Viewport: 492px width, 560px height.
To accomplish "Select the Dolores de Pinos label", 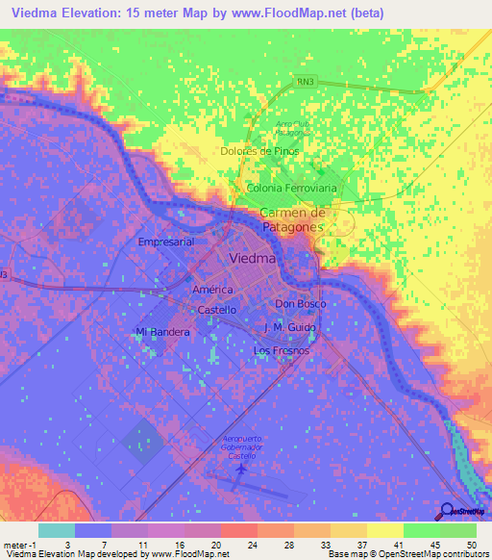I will [260, 151].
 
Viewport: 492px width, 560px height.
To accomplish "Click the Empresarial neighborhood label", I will [166, 242].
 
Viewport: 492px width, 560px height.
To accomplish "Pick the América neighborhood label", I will [212, 290].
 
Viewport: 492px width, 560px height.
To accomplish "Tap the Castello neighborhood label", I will [216, 310].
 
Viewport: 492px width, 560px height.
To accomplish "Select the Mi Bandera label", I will [162, 332].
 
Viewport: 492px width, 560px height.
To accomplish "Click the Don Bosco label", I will [300, 304].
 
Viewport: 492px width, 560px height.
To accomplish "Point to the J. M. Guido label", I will [290, 328].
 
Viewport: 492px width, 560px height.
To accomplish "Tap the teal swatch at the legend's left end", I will [57, 530].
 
